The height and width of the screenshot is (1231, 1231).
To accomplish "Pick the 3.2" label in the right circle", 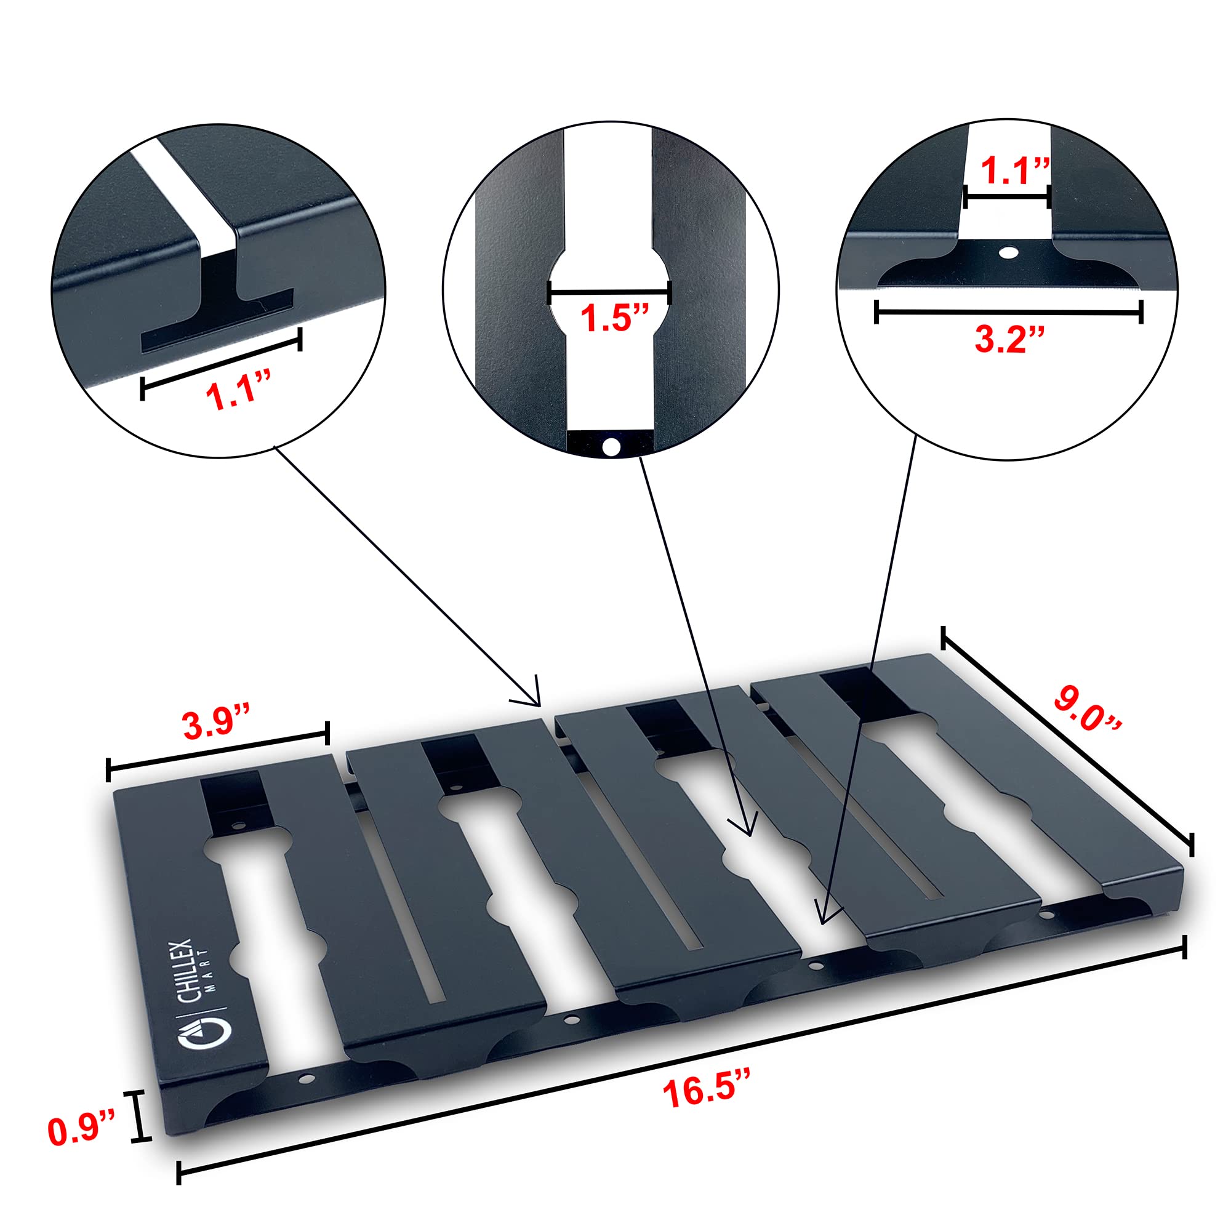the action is pos(1010,340).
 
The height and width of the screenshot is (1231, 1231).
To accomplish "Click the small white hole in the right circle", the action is pos(1009,253).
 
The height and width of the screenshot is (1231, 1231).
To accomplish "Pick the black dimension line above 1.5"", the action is pos(610,293).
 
